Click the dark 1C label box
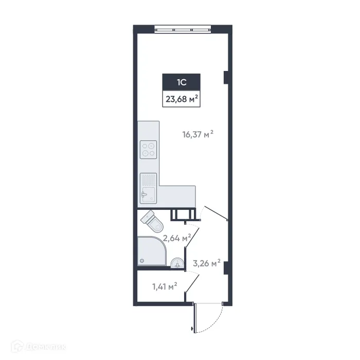pos(181,82)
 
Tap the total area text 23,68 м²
pos(181,98)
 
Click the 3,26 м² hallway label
pos(206,263)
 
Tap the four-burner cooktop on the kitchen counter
pos(149,149)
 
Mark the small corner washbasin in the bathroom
pos(177,264)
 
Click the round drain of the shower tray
pos(142,261)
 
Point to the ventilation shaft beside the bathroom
pos(184,214)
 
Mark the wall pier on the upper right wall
pos(226,77)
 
